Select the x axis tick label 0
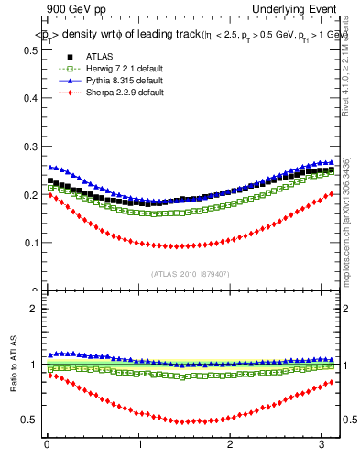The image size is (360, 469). click(x=46, y=445)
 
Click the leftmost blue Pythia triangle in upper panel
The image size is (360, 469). click(x=49, y=167)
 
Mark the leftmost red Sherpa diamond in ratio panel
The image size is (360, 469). click(x=49, y=375)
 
